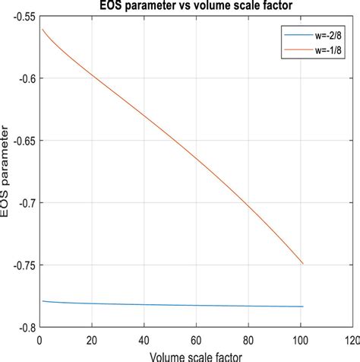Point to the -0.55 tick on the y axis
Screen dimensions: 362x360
(x=19, y=16)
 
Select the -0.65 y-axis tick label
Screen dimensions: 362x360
(x=19, y=141)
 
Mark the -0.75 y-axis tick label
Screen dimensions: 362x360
(x=19, y=265)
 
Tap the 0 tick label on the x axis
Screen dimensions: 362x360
(x=39, y=340)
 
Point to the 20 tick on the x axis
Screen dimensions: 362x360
(x=90, y=340)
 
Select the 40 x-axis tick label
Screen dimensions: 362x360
(x=144, y=340)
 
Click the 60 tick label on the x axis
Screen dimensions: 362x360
(x=197, y=340)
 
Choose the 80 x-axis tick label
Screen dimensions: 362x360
(x=250, y=340)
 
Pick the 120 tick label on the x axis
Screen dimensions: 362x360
(x=351, y=340)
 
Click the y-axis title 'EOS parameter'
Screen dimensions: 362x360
(x=6, y=172)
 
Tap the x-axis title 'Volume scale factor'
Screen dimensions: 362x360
(x=196, y=355)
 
